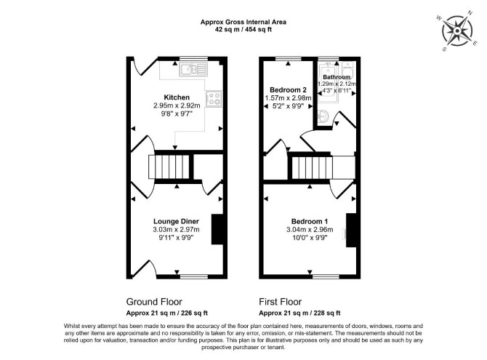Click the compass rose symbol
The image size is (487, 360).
click(x=457, y=31)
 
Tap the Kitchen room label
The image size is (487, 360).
click(x=177, y=97)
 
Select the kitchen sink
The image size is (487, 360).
click(x=193, y=69)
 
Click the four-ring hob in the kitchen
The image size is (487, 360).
click(x=214, y=99)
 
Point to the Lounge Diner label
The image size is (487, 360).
click(x=176, y=221)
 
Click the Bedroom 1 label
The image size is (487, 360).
click(x=310, y=221)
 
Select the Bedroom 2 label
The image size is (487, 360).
click(x=288, y=90)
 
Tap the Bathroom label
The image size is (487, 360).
click(x=337, y=77)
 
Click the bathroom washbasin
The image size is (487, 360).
click(x=323, y=116)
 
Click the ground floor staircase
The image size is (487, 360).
click(x=169, y=167)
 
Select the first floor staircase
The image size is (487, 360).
click(x=312, y=168)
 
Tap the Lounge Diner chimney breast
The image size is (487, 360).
click(x=217, y=229)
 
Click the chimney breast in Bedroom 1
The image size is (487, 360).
click(x=351, y=230)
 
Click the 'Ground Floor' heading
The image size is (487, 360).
click(x=154, y=302)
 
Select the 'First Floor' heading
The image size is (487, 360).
click(x=280, y=302)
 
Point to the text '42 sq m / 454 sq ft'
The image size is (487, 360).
click(x=243, y=30)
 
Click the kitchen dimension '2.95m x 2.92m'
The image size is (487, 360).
click(x=177, y=105)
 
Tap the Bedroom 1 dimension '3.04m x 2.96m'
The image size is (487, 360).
click(x=310, y=230)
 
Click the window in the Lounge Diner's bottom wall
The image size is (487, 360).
click(x=194, y=276)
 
